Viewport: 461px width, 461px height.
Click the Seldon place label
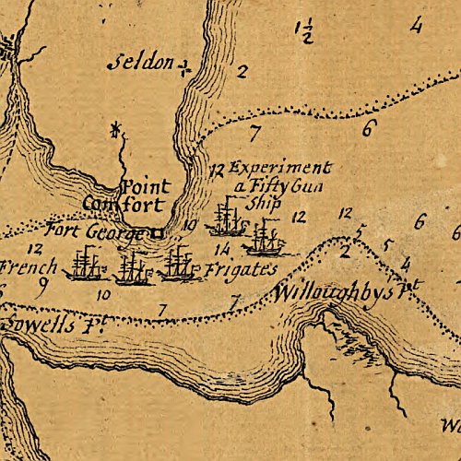[141, 64]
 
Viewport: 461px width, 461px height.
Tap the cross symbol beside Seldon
[185, 66]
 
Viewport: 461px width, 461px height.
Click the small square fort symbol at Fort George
[157, 233]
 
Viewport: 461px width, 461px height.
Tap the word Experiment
[278, 169]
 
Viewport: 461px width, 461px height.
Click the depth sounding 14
[220, 249]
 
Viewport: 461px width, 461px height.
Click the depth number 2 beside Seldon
[242, 71]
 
